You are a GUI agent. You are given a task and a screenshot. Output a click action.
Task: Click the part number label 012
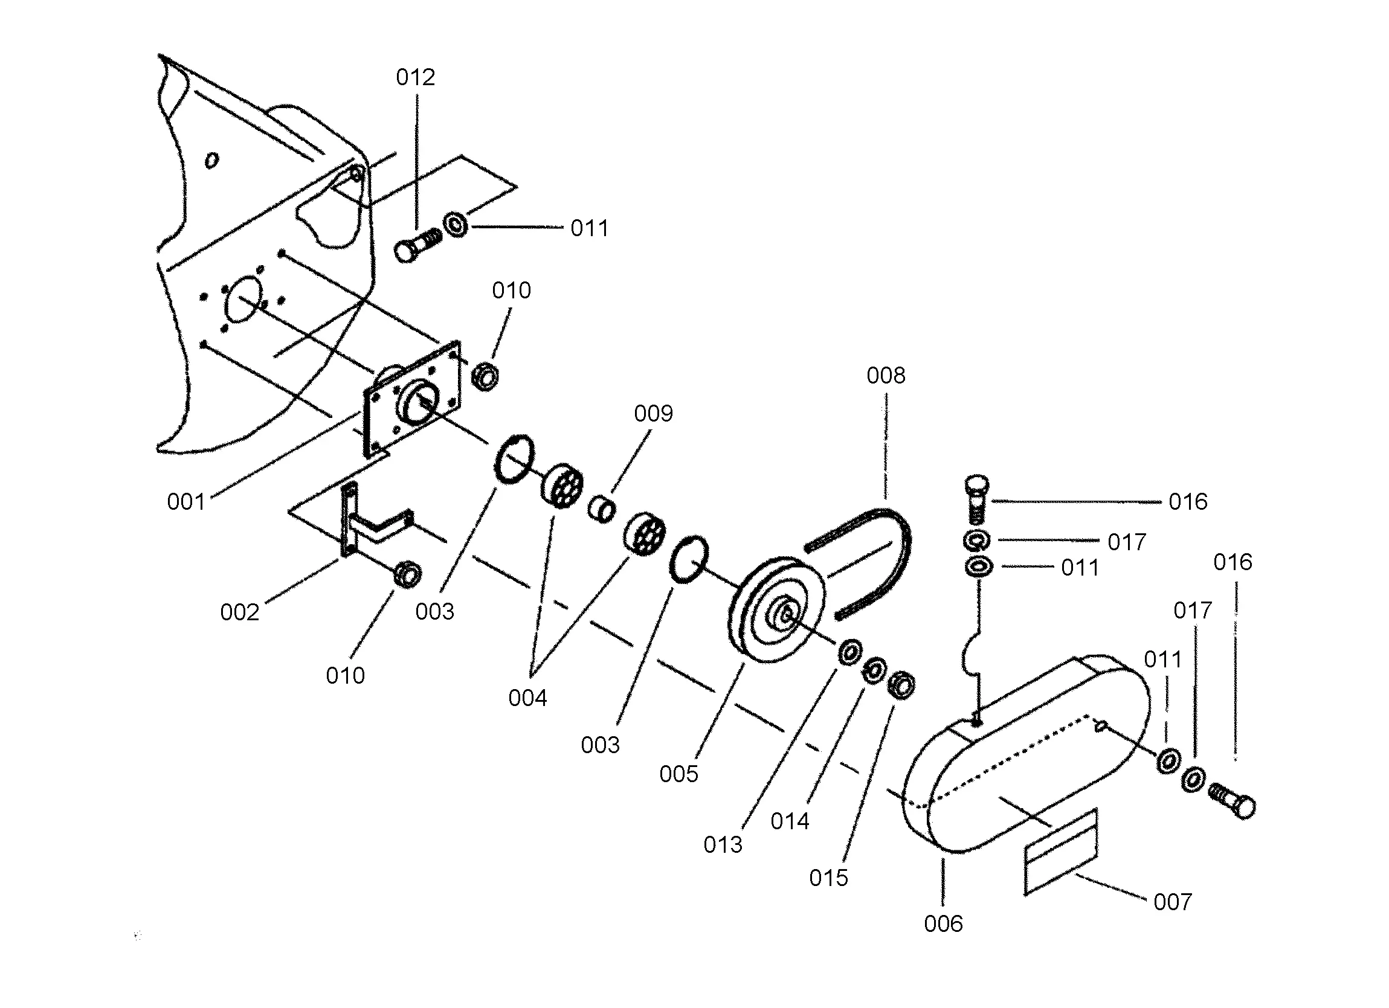415,77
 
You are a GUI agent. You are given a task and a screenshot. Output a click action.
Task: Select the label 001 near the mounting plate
186,501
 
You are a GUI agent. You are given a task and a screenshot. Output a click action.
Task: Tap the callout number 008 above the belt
886,376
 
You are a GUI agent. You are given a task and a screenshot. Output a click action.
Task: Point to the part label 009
654,413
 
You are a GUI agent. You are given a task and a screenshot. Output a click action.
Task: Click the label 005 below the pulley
678,774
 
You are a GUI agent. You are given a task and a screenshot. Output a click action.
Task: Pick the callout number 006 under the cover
943,923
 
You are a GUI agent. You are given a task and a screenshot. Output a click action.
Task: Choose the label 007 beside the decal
1173,902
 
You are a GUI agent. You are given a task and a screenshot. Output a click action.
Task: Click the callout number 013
723,845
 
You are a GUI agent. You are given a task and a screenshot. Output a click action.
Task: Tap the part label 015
828,878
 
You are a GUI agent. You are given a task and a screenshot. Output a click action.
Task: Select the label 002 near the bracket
239,612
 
